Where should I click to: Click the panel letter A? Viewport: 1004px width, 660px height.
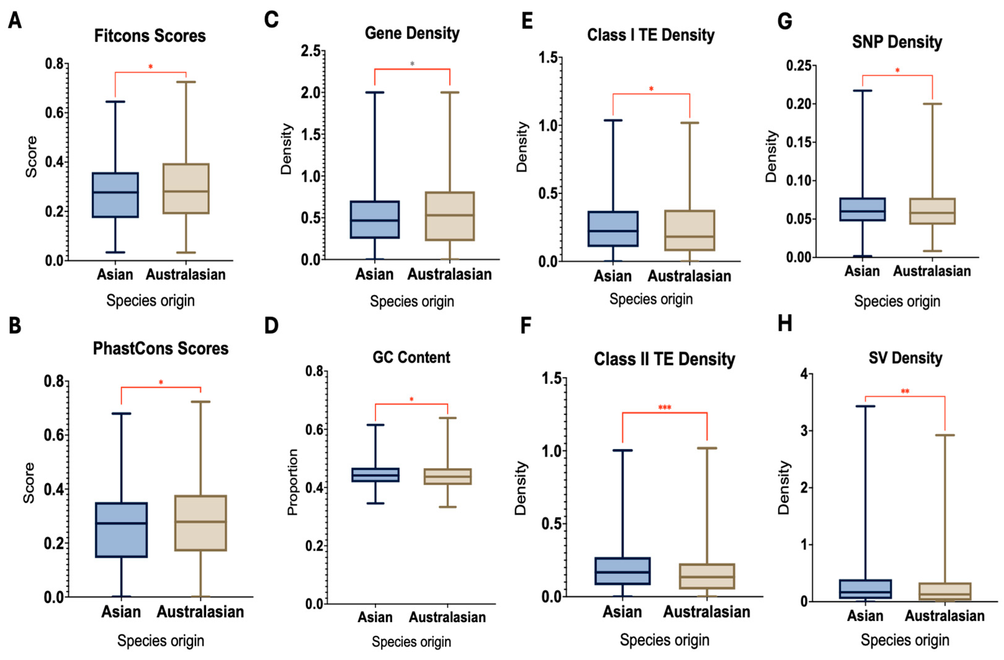(15, 20)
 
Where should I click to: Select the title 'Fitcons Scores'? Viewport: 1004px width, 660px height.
(150, 36)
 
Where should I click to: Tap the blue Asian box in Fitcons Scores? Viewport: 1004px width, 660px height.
(115, 195)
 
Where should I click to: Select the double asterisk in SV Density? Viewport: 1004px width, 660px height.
(905, 391)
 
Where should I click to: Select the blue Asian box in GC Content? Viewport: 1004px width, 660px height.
(375, 475)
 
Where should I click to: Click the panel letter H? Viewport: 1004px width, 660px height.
(785, 323)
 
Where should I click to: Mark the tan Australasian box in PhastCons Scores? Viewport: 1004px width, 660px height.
(200, 523)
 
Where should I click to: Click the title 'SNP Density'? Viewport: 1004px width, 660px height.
(897, 42)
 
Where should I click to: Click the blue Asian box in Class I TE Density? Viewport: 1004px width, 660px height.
(613, 229)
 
